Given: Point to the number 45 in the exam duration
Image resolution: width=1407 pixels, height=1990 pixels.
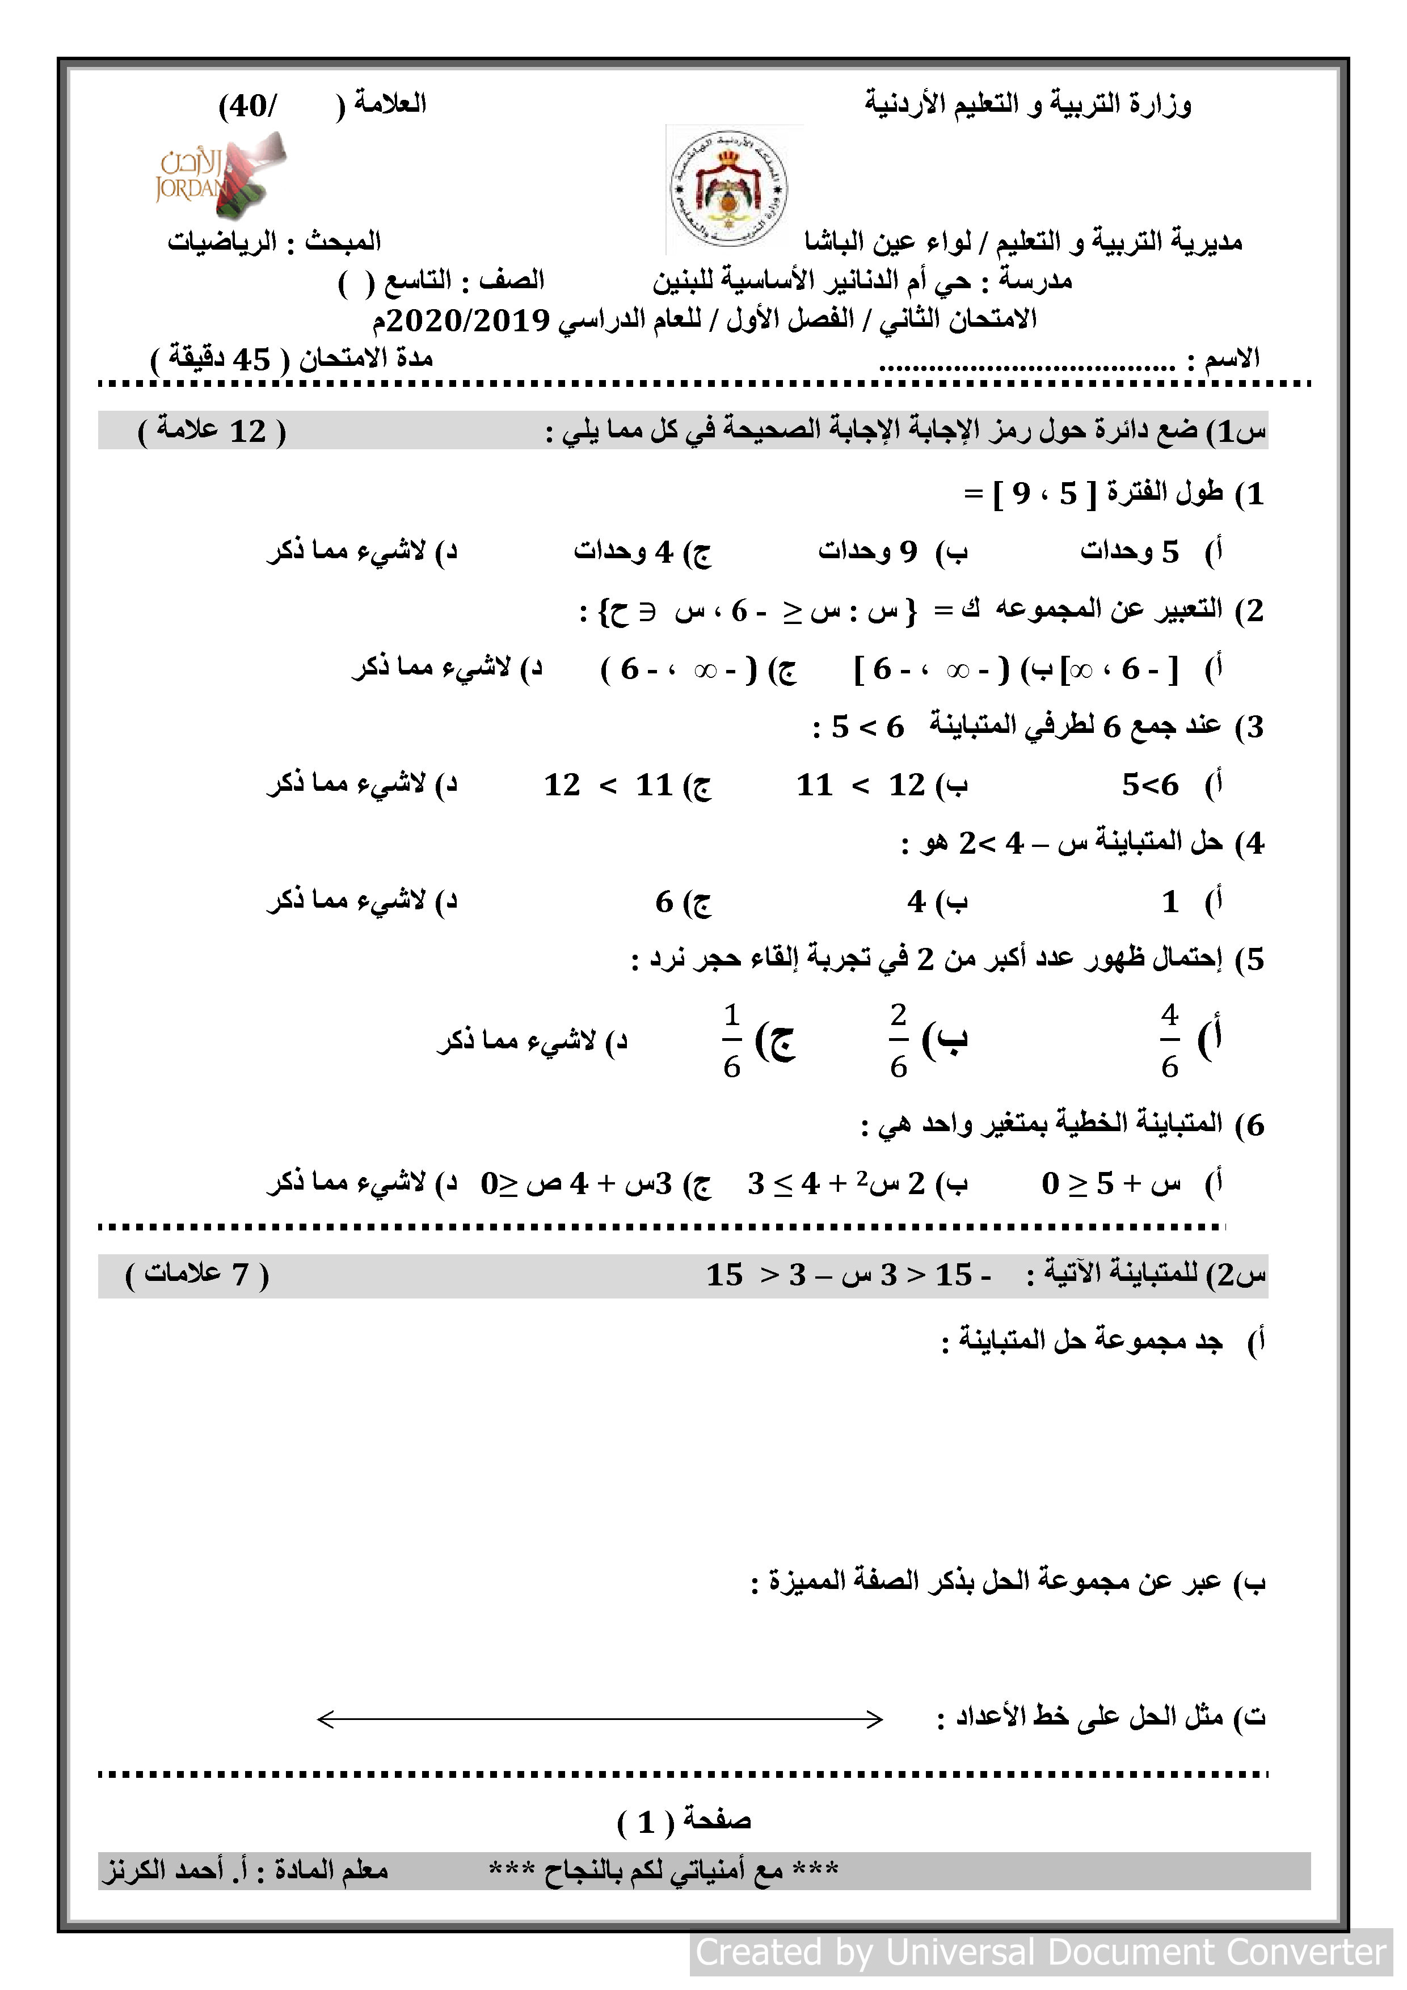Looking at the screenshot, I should click(x=251, y=359).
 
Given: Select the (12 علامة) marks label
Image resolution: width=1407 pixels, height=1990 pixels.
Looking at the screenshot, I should click(x=212, y=431).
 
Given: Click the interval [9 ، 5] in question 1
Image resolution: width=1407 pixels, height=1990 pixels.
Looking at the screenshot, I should click(x=1044, y=494).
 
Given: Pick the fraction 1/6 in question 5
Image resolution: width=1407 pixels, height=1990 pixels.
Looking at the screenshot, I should click(x=732, y=1040).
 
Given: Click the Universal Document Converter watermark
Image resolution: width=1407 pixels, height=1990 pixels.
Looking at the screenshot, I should click(x=1040, y=1953).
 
